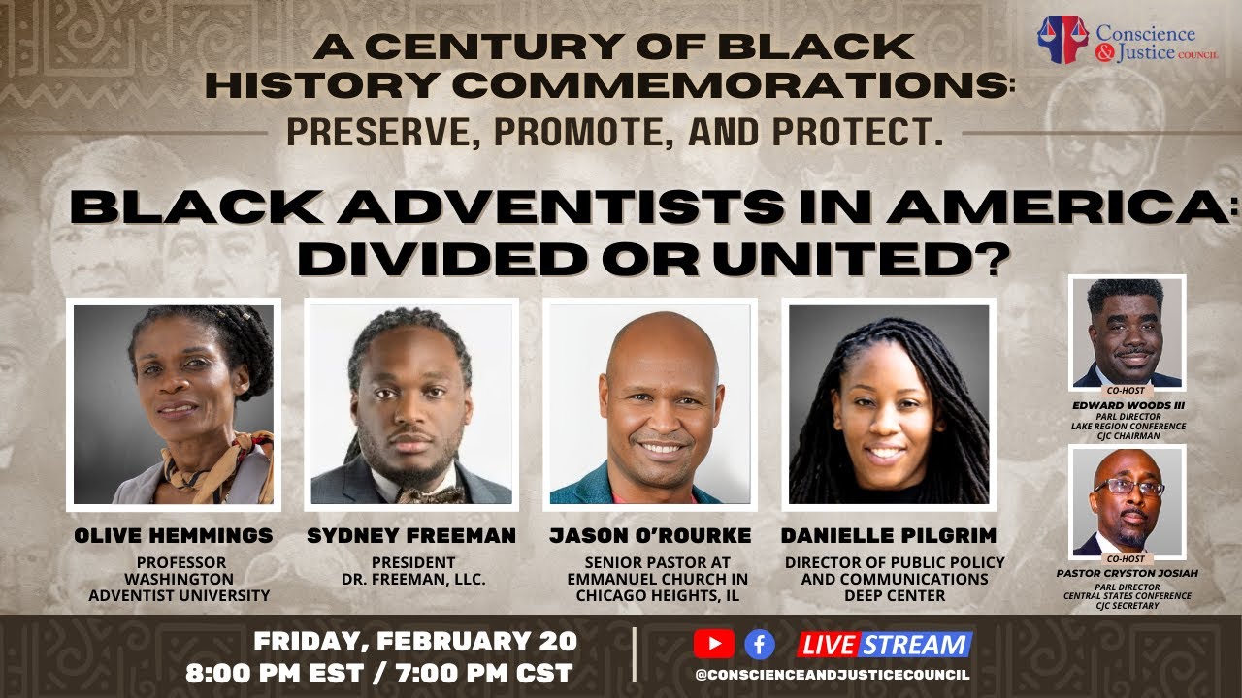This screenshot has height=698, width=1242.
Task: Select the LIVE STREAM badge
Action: [884, 645]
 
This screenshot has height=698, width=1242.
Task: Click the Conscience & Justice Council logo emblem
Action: [1062, 40]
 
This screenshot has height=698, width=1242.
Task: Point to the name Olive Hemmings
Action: [174, 536]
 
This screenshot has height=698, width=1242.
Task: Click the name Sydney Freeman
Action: [411, 536]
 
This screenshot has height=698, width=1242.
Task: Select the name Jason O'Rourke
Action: [650, 536]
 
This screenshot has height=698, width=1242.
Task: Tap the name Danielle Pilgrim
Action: [889, 536]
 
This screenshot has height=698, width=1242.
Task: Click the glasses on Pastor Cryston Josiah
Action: [1128, 488]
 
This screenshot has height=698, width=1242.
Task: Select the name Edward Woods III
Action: [1128, 406]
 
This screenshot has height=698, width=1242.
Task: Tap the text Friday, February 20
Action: [415, 642]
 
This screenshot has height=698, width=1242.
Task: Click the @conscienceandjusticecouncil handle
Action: [833, 675]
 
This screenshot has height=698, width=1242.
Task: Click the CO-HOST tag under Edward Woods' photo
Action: [1128, 393]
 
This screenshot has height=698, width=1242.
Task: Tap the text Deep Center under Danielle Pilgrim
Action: [894, 595]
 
